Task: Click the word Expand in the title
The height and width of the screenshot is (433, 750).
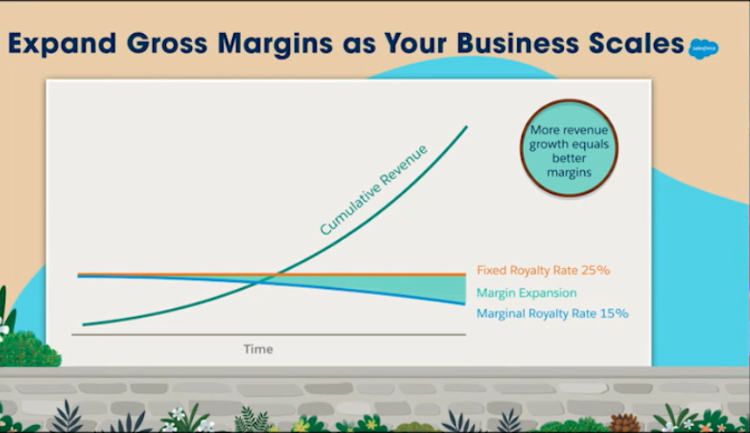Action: pos(62,44)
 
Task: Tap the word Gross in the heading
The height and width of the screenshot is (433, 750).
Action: pos(167,43)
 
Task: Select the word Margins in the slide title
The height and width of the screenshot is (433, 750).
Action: pos(275,44)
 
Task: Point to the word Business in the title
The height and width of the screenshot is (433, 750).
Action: pos(518,43)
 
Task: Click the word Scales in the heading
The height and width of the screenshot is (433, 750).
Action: pos(636,43)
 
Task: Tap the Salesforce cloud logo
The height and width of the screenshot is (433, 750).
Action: pos(703,49)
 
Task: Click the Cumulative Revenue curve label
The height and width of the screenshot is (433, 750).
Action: pos(374,190)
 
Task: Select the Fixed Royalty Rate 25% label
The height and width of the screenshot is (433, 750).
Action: pos(543,271)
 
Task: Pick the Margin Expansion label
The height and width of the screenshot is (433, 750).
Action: pos(526,292)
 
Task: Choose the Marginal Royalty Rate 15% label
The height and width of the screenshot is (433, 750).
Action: pos(553,313)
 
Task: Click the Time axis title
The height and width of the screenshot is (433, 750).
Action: pos(258,349)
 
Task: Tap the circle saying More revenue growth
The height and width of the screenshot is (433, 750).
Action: pos(568,148)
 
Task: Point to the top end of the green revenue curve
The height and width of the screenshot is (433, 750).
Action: pos(466,127)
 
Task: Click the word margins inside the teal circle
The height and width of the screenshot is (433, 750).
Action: pos(568,173)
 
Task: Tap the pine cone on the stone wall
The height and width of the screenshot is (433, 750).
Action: pos(624,423)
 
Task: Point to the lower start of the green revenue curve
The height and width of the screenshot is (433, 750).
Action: pos(84,325)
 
